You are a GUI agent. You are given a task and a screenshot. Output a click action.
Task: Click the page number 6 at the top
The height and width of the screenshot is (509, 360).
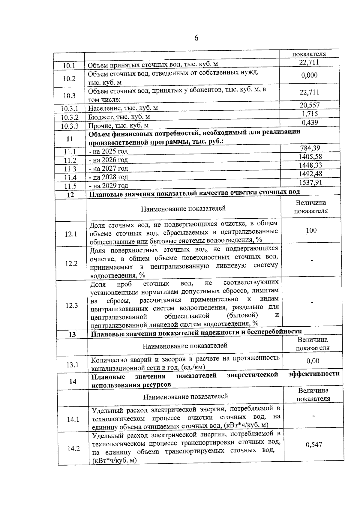196,38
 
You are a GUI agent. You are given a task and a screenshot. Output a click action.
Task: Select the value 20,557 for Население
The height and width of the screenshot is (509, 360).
310,105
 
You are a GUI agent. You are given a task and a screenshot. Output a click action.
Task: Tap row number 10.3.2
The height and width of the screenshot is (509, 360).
70,117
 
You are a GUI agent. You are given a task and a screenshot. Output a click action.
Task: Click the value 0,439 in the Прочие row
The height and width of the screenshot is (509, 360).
310,122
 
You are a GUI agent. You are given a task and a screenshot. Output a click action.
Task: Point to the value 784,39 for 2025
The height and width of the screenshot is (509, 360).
310,148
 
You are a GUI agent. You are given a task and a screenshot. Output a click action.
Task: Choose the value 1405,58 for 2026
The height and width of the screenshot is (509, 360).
310,157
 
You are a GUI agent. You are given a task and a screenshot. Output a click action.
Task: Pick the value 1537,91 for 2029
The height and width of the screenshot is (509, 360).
311,182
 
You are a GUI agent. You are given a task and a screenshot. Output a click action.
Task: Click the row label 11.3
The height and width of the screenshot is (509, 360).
70,169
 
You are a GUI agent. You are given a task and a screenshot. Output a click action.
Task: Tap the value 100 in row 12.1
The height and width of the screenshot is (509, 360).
311,230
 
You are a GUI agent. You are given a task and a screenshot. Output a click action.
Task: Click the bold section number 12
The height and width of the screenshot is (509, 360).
70,195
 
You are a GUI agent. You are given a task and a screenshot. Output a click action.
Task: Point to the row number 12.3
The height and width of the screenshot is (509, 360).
72,305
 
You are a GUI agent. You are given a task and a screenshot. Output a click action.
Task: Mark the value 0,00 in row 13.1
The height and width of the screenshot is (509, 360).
313,361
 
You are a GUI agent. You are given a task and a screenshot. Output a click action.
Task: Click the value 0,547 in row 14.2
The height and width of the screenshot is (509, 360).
314,445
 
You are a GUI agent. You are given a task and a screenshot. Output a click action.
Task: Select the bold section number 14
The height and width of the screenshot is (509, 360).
73,382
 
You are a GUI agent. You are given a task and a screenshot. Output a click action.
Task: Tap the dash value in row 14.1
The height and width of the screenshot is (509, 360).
313,416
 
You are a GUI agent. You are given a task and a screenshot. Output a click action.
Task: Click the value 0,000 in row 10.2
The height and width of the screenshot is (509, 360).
309,75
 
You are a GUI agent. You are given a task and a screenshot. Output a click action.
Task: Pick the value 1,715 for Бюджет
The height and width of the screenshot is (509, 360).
310,114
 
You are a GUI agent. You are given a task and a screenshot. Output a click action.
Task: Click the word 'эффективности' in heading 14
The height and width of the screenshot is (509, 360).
314,374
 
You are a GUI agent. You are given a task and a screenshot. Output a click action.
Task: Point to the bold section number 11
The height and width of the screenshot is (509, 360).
70,139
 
